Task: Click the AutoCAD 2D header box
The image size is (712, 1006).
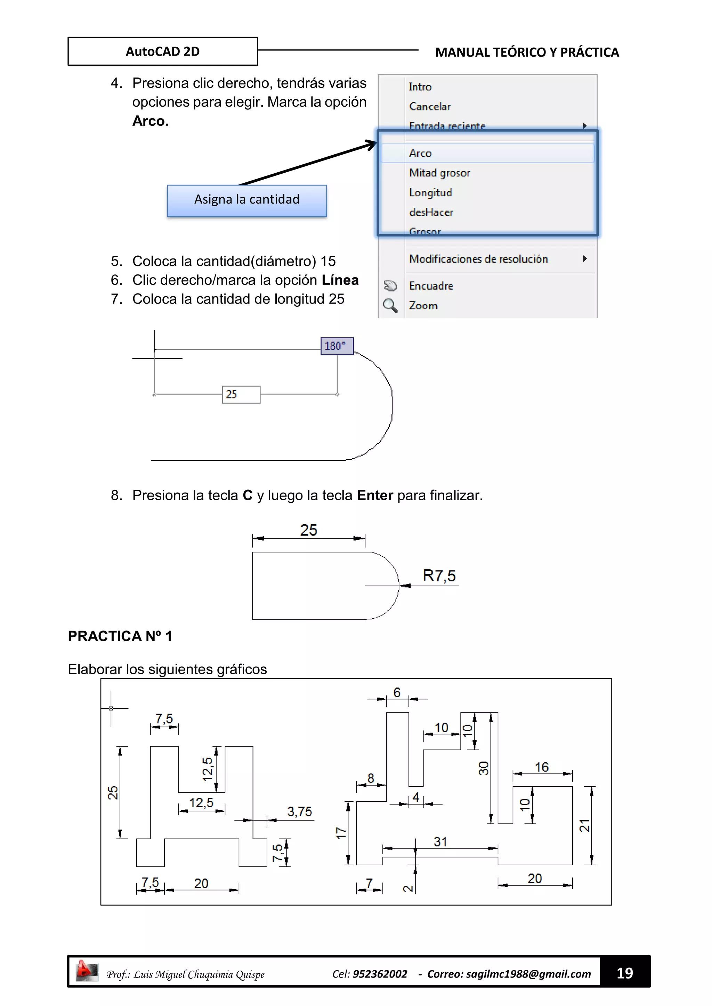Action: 163,51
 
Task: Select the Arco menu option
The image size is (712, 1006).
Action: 420,153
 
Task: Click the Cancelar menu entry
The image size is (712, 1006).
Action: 429,107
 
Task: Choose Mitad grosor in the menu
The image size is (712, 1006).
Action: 439,173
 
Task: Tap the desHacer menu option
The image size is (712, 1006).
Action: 431,213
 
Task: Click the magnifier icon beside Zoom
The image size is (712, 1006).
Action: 390,305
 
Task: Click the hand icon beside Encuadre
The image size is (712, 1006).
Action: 390,286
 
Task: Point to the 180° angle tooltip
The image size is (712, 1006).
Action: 336,346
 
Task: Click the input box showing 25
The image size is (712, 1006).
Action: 241,394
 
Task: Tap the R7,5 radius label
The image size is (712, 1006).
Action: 439,575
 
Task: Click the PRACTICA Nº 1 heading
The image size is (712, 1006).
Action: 120,636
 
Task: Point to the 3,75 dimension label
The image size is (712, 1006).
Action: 299,811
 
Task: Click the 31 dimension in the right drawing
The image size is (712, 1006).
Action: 440,841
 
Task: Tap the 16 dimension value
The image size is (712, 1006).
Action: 541,767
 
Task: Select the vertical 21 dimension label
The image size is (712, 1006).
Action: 584,825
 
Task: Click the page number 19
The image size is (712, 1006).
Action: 624,973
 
